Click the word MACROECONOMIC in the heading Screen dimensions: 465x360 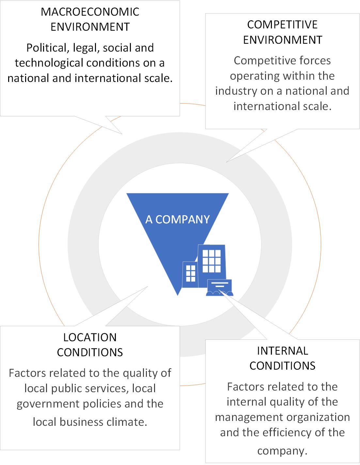[90, 12]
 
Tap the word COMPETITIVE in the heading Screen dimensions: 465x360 [282, 24]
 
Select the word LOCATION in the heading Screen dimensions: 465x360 [90, 337]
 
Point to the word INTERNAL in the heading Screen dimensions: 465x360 [282, 350]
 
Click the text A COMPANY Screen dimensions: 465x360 [177, 219]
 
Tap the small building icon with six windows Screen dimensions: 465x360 [190, 274]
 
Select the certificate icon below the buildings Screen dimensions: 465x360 [219, 287]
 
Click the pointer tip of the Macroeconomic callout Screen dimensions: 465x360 [122, 134]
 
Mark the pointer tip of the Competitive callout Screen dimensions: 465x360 [227, 162]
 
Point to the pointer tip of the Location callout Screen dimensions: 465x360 [148, 287]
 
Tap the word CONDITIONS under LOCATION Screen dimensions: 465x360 [90, 352]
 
